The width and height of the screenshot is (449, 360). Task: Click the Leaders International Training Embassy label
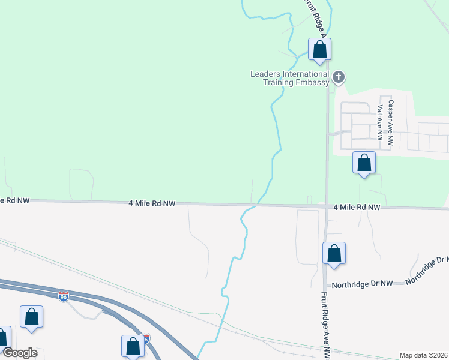coord(290,78)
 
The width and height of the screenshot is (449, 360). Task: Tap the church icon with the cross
coord(339,77)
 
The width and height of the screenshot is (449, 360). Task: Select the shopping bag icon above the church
coord(320,50)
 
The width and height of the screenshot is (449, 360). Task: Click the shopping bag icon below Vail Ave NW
coord(364,163)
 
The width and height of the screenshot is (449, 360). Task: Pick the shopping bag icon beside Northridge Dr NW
coord(334,254)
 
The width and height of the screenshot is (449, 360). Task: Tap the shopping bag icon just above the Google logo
coord(31,317)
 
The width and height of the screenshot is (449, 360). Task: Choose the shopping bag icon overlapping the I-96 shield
coord(133,346)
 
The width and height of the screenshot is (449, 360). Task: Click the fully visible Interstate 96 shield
coord(64,296)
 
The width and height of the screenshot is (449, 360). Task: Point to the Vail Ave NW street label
coord(380,122)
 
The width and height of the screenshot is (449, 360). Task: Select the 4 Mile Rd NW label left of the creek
coord(152,204)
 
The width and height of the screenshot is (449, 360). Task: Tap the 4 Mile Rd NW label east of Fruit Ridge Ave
coord(357,207)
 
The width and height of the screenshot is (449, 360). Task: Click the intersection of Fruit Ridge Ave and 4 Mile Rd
coord(325,207)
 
